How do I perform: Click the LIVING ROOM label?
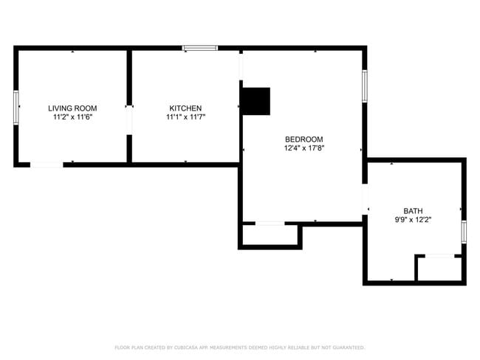pyautogui.click(x=72, y=108)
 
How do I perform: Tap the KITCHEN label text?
pyautogui.click(x=185, y=108)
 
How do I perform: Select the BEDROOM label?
pyautogui.click(x=304, y=139)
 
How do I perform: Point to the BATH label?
pyautogui.click(x=413, y=211)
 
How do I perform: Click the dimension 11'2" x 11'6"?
pyautogui.click(x=72, y=117)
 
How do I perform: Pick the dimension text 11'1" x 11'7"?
pyautogui.click(x=185, y=117)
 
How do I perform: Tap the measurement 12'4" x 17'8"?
pyautogui.click(x=304, y=148)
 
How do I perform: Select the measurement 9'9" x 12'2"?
pyautogui.click(x=413, y=220)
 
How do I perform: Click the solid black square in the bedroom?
pyautogui.click(x=256, y=101)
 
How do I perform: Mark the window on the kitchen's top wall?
pyautogui.click(x=200, y=48)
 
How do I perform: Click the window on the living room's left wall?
pyautogui.click(x=16, y=108)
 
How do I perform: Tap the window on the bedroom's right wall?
pyautogui.click(x=364, y=86)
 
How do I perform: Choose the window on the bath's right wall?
pyautogui.click(x=464, y=232)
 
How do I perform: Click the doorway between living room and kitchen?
pyautogui.click(x=129, y=120)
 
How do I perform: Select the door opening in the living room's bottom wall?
pyautogui.click(x=47, y=165)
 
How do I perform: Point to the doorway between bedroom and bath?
pyautogui.click(x=365, y=199)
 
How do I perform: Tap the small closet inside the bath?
pyautogui.click(x=439, y=269)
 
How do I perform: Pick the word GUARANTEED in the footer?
pyautogui.click(x=349, y=347)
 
